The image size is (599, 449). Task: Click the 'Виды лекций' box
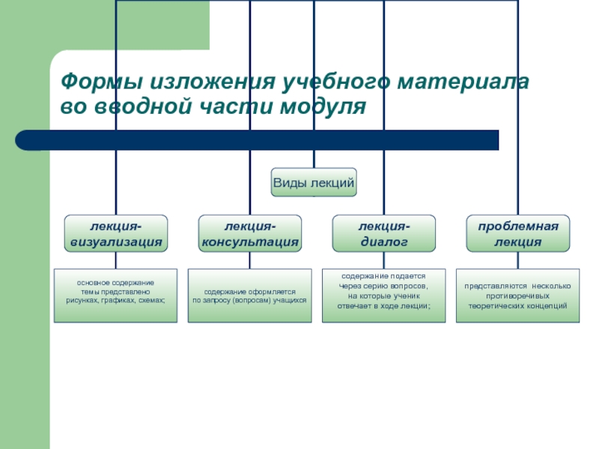[x=313, y=182]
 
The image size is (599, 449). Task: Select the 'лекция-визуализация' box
[x=115, y=233]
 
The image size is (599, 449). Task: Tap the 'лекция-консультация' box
[x=249, y=233]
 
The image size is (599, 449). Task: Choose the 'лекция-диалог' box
[x=383, y=233]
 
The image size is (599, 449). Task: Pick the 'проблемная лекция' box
[x=517, y=233]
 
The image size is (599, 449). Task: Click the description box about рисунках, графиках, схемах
[x=115, y=296]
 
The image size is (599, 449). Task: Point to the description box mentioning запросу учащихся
[x=249, y=296]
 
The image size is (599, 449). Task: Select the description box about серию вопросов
[x=383, y=296]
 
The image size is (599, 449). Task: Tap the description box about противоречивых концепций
[x=517, y=296]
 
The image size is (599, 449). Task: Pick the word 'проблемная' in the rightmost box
[x=517, y=225]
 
